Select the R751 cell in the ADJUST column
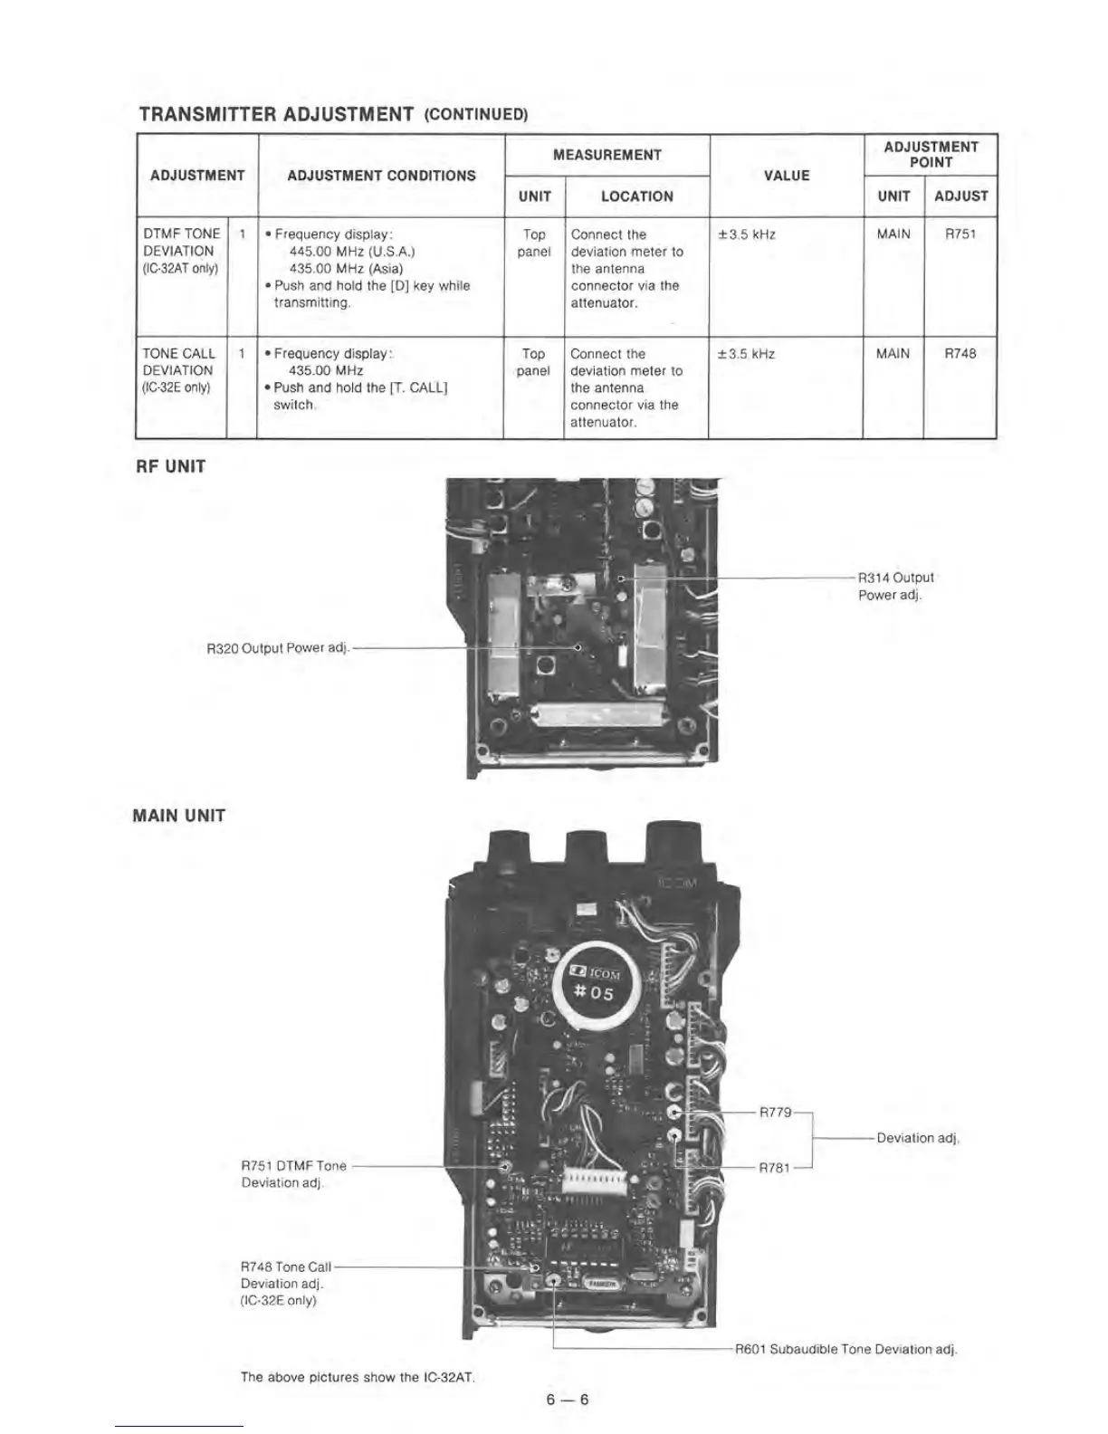[x=960, y=234]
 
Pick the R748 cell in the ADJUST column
[x=960, y=354]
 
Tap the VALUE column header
[x=786, y=176]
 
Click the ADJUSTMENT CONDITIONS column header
[x=381, y=176]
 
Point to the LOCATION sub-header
[x=636, y=196]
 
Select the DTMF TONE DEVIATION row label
[x=181, y=251]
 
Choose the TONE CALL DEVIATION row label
[x=178, y=370]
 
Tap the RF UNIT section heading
[x=169, y=467]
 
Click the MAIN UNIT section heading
[x=178, y=816]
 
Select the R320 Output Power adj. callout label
[x=277, y=648]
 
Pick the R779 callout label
[x=776, y=1112]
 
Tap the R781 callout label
[x=775, y=1167]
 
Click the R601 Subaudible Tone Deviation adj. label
[x=845, y=1349]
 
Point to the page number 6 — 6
[x=568, y=1399]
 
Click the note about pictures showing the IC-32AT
[x=358, y=1377]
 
